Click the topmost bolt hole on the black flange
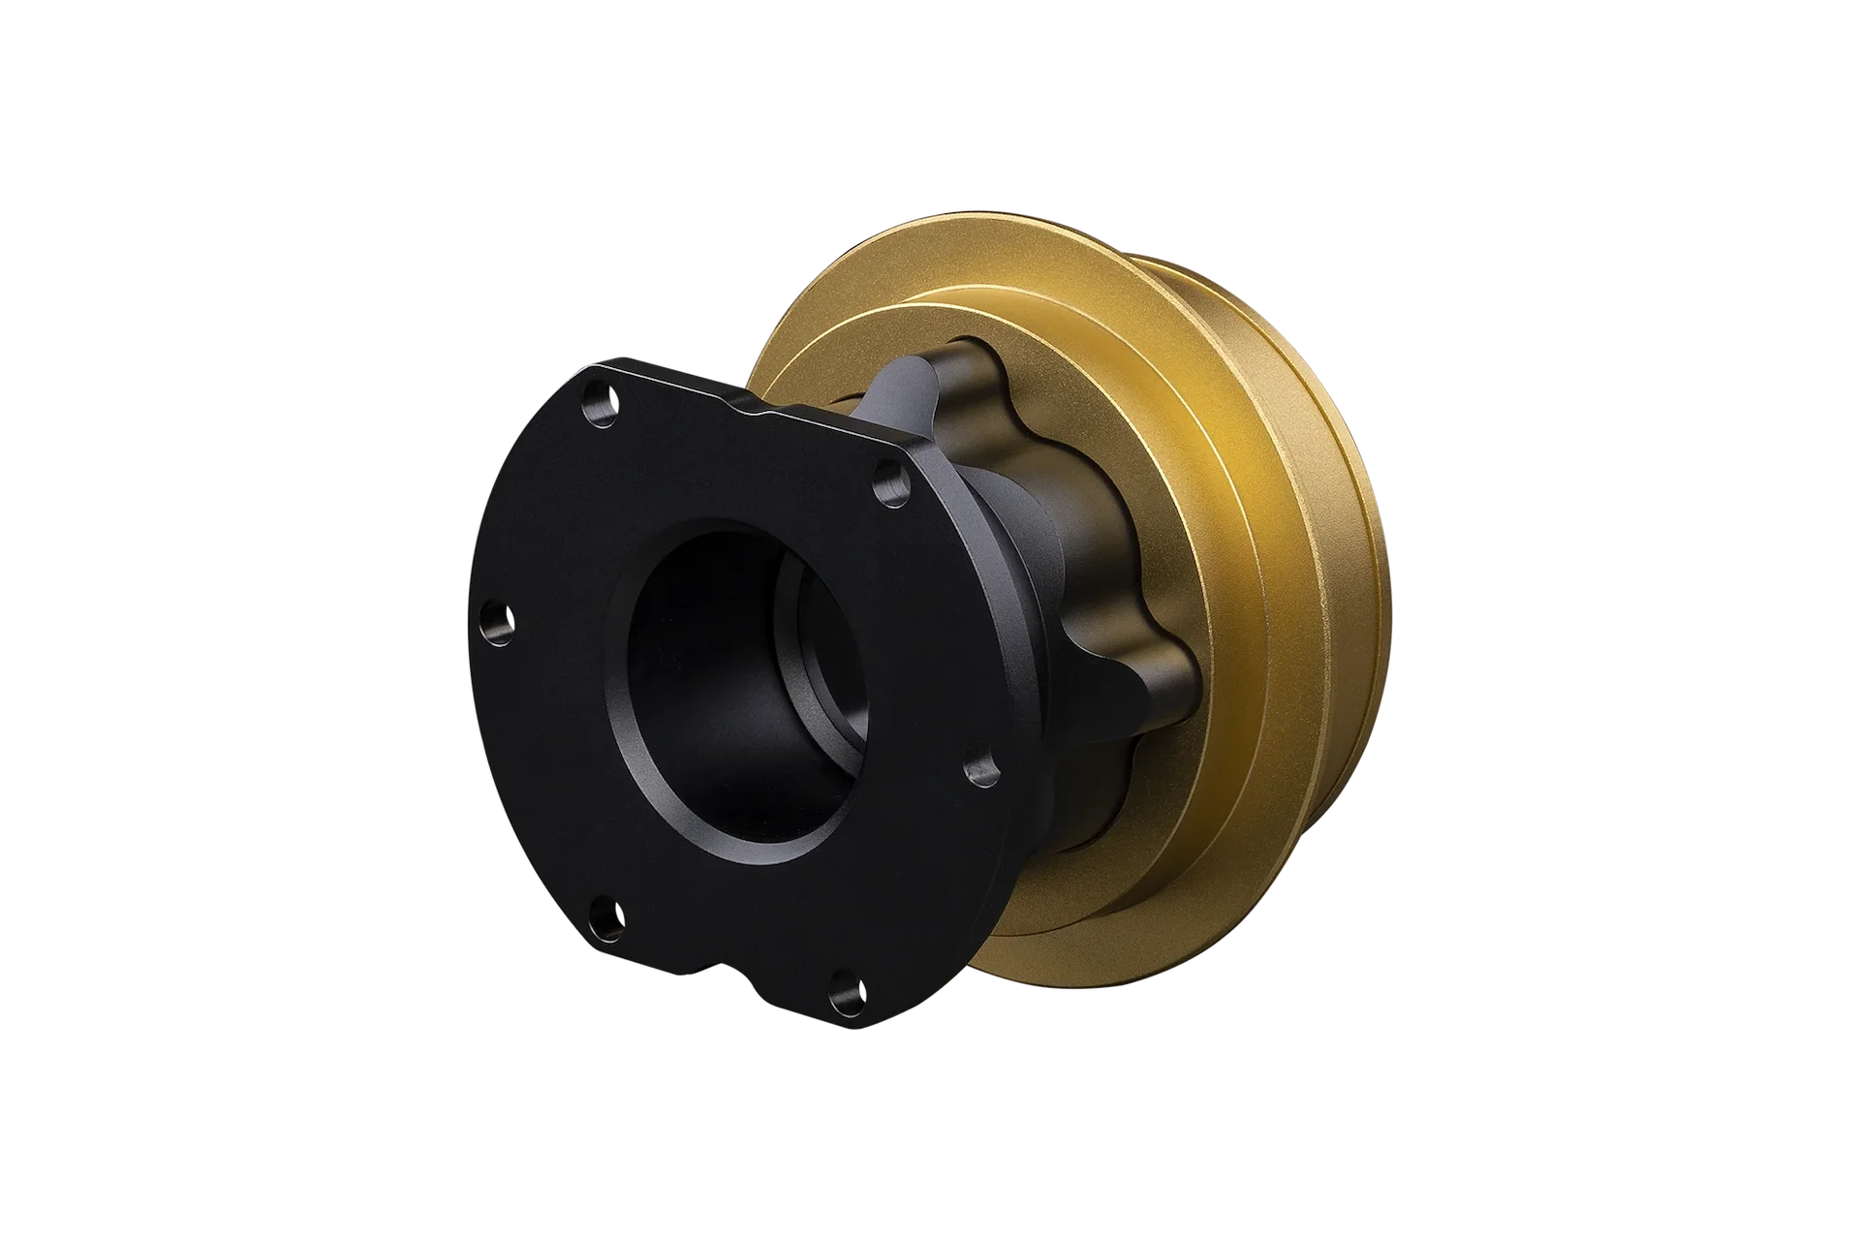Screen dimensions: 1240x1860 pos(603,396)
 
